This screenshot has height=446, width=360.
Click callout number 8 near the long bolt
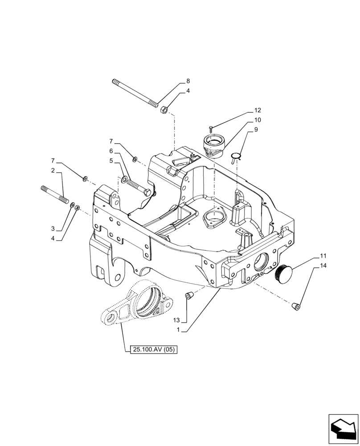pos(188,81)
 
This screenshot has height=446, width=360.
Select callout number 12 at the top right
pos(258,110)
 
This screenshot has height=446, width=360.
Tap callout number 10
pos(258,120)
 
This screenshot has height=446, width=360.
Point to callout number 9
pos(256,130)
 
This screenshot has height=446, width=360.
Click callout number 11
pos(323,256)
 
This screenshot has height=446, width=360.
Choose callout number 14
pos(323,266)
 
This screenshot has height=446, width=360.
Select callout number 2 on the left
pos(53,171)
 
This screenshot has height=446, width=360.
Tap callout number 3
pos(53,228)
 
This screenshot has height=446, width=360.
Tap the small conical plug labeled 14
pos(295,306)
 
